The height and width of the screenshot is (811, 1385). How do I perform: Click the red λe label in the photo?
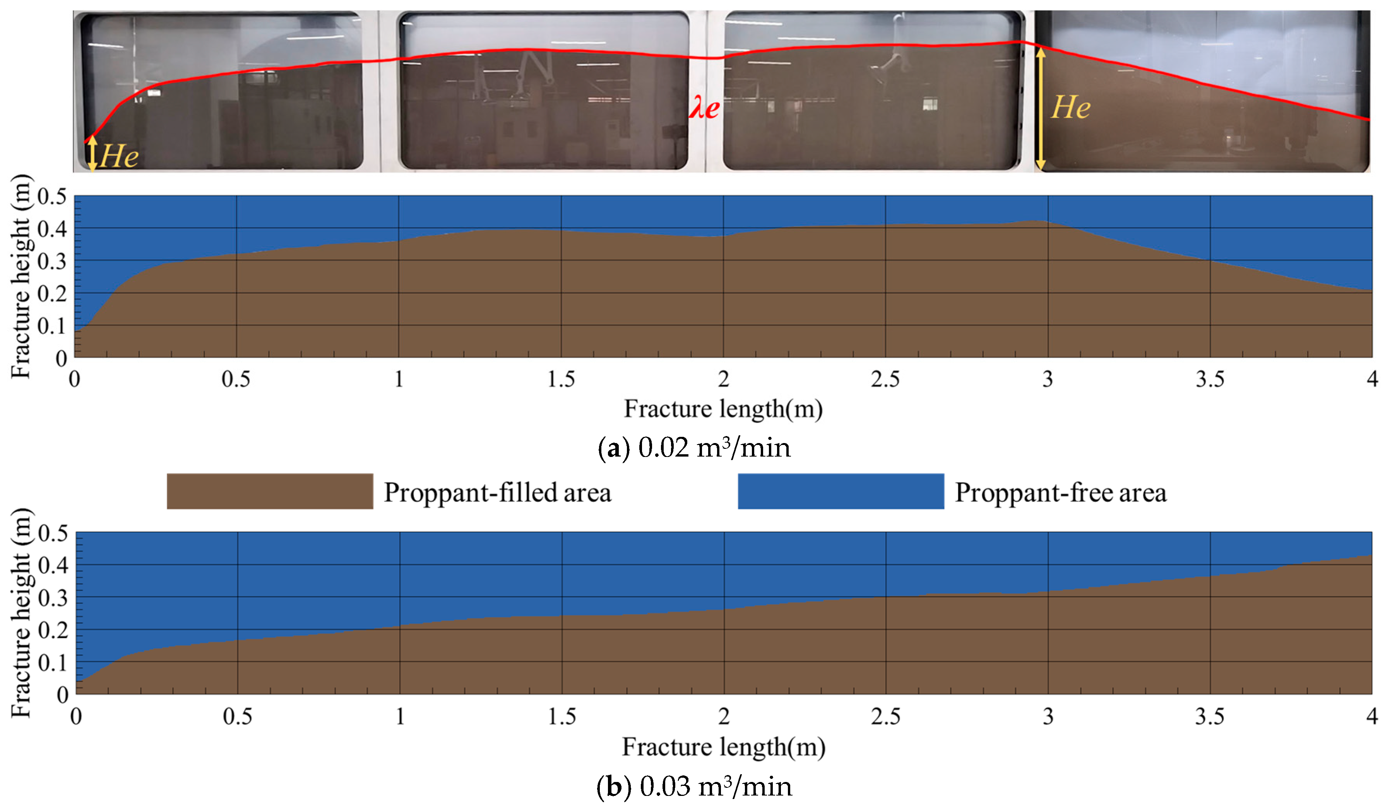tap(704, 107)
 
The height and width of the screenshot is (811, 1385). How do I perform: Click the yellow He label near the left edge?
tap(119, 156)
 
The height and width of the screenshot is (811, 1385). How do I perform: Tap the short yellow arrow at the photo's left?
tap(92, 153)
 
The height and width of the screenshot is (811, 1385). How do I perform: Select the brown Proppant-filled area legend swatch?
tap(269, 491)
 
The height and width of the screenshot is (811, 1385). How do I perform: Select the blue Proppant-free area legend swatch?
tap(841, 491)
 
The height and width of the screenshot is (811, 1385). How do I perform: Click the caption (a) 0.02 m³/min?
tap(693, 448)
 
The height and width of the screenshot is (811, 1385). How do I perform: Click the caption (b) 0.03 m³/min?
tap(693, 786)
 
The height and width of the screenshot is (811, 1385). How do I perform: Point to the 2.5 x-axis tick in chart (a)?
tap(885, 379)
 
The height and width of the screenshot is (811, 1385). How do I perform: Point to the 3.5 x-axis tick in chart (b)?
tap(1210, 717)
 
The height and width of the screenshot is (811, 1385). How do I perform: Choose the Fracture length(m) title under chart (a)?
tap(723, 409)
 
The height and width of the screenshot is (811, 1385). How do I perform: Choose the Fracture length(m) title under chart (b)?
tap(723, 747)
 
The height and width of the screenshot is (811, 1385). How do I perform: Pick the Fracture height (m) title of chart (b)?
tap(21, 613)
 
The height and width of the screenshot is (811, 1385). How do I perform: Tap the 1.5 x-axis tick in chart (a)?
tap(561, 379)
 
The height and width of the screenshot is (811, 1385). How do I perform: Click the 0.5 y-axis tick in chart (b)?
tap(53, 533)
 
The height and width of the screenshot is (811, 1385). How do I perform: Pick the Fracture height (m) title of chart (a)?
tap(21, 276)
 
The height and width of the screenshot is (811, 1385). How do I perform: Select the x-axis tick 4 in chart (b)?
tap(1372, 717)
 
